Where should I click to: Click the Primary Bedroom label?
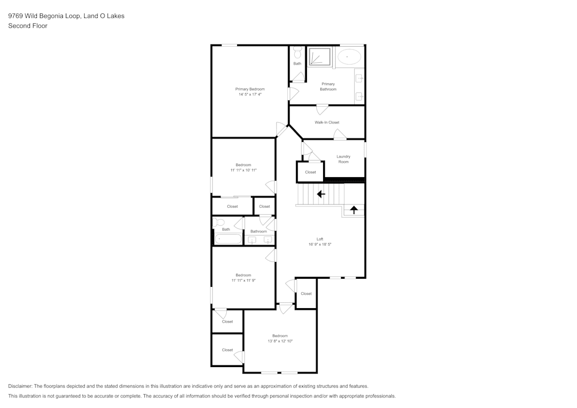(250, 89)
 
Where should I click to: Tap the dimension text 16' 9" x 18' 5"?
(320, 245)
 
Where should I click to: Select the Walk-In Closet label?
(327, 122)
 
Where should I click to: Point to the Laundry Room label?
(343, 159)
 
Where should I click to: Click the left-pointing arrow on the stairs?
(321, 194)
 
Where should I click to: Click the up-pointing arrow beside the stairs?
(354, 210)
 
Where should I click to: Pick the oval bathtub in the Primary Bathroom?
(349, 57)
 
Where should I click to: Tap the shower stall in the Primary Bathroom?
(320, 58)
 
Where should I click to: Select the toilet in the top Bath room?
(297, 53)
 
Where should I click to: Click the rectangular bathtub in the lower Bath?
(227, 239)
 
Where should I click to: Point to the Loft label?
(320, 239)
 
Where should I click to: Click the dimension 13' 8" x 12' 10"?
(280, 342)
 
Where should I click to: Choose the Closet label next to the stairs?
(310, 172)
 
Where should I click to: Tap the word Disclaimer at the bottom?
(20, 386)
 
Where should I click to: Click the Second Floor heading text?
(28, 26)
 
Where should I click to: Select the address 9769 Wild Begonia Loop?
(44, 16)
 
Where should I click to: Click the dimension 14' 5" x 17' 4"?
(250, 95)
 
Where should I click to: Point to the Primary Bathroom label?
(328, 87)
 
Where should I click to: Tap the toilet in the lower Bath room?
(219, 222)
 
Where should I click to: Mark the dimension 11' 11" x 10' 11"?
(243, 170)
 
